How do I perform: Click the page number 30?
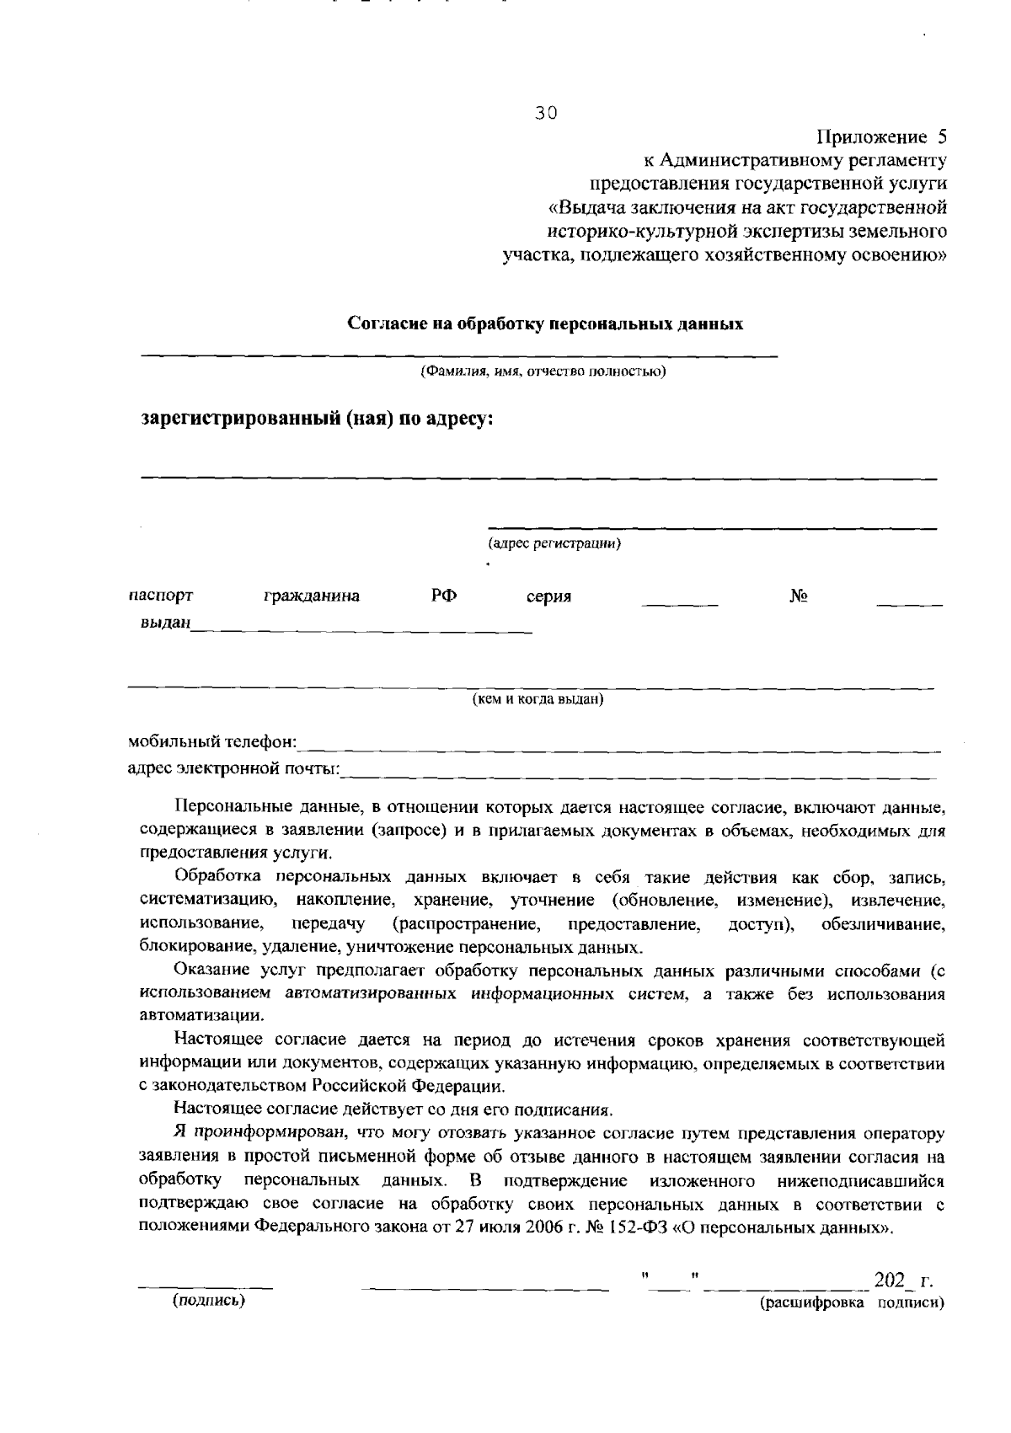click(x=547, y=115)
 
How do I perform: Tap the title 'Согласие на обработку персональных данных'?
click(x=546, y=323)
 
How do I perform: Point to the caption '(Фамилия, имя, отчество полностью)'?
click(x=543, y=372)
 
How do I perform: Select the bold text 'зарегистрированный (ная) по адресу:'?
click(x=316, y=419)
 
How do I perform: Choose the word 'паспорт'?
click(x=161, y=596)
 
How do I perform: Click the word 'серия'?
click(x=548, y=596)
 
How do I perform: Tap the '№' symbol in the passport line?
click(x=799, y=596)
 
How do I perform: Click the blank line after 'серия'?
click(x=679, y=604)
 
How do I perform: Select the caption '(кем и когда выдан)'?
click(x=538, y=699)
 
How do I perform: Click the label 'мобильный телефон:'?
click(x=211, y=742)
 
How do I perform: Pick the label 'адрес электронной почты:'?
click(x=233, y=768)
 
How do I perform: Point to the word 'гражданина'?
click(x=311, y=596)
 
